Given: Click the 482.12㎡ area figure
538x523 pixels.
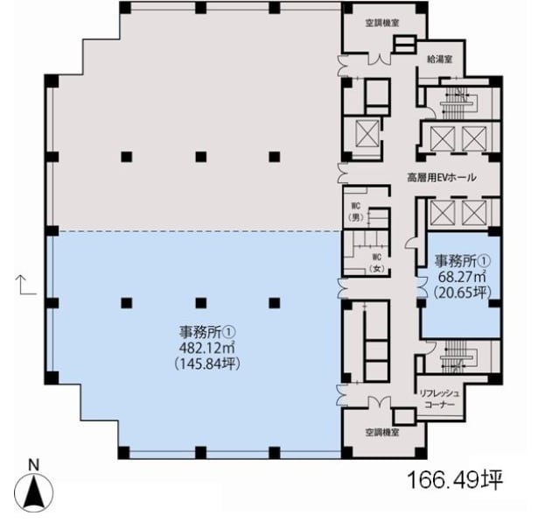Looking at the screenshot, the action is [x=206, y=348].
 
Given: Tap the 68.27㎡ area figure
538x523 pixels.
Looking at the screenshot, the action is [x=462, y=276].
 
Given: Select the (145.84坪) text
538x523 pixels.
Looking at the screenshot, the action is [x=207, y=364].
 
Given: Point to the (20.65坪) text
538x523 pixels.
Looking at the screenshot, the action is [x=462, y=293].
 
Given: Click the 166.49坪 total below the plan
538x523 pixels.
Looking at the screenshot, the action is [x=455, y=480].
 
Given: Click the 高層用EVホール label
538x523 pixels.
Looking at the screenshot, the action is [x=442, y=178].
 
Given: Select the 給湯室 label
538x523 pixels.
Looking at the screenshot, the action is [x=439, y=60].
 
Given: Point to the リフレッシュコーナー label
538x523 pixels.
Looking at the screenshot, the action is [x=439, y=399].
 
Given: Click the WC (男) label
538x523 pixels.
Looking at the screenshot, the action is [x=355, y=212].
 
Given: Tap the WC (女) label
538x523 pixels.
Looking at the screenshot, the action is [x=377, y=263].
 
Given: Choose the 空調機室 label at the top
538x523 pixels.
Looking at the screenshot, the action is [x=382, y=24].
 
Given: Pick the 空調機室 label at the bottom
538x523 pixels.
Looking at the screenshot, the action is [x=382, y=432].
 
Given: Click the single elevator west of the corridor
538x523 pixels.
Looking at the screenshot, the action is [x=367, y=134].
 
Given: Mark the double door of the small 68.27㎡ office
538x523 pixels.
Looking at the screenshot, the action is [x=422, y=286].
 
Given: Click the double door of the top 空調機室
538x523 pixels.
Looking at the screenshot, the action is [x=380, y=59].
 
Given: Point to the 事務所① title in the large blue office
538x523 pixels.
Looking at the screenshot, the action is [x=207, y=332].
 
